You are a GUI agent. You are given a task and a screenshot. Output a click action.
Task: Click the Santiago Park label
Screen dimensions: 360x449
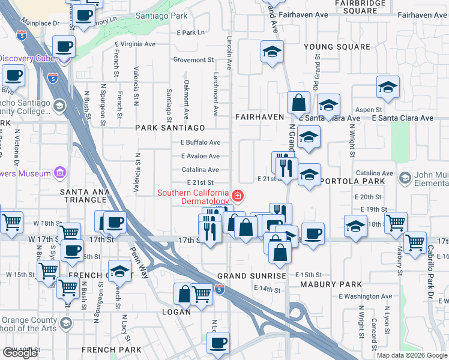point(161,15)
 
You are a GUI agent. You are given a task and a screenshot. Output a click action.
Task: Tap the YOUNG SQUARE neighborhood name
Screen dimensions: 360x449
point(337,47)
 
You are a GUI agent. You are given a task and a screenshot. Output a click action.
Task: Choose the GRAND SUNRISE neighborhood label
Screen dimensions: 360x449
point(252,276)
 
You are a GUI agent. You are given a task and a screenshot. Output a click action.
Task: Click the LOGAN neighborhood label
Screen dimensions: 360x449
point(176,312)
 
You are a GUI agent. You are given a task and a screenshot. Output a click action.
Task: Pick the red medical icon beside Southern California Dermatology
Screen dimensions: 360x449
point(238,196)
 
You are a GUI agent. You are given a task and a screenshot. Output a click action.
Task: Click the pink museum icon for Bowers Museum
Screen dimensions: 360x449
point(59,174)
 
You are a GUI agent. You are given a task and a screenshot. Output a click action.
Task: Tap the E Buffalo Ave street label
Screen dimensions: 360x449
point(200,142)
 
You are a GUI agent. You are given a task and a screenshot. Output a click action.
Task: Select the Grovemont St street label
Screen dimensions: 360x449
point(193,60)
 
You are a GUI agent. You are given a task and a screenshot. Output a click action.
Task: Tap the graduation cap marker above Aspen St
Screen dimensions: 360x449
point(388,88)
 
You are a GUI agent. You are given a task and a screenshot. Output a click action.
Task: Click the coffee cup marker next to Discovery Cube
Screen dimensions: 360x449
point(64,47)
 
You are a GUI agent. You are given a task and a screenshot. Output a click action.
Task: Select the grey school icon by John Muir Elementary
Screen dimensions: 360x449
point(406,178)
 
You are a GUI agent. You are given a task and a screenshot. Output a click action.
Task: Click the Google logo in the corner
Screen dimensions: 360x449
point(20,353)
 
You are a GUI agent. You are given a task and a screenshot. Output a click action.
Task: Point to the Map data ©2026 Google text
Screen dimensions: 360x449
point(412,355)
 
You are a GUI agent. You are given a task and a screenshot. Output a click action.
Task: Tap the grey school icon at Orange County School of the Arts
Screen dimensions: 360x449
point(65,324)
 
